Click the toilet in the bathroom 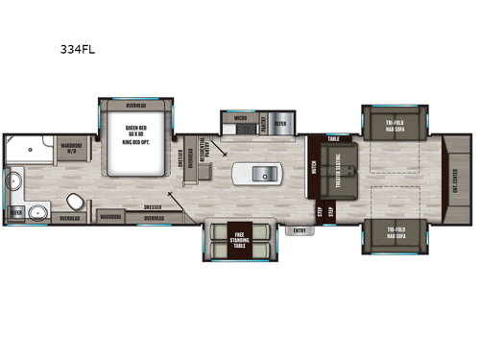[x=74, y=200]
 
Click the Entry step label [x=300, y=229]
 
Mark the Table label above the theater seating [x=333, y=138]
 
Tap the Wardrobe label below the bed [x=110, y=217]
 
